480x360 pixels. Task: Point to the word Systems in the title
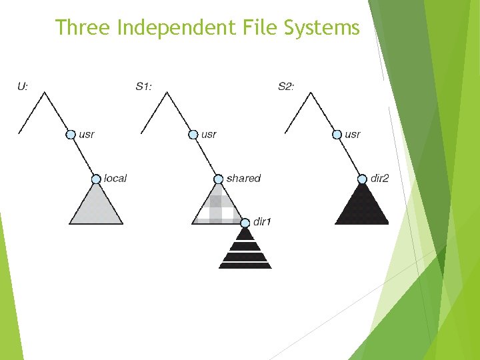click(323, 27)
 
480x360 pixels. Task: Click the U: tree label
click(23, 86)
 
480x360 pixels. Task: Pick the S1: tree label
click(145, 86)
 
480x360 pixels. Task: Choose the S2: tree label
click(285, 86)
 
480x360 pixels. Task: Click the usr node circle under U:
click(71, 135)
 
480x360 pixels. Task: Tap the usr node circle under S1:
click(193, 135)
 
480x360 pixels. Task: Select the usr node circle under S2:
click(337, 135)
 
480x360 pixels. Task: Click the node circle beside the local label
click(97, 179)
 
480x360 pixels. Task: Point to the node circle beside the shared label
click(218, 179)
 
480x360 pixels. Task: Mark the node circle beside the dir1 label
click(245, 222)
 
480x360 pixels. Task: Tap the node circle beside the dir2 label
click(362, 179)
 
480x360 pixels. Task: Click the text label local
click(115, 178)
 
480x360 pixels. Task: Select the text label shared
click(243, 178)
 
